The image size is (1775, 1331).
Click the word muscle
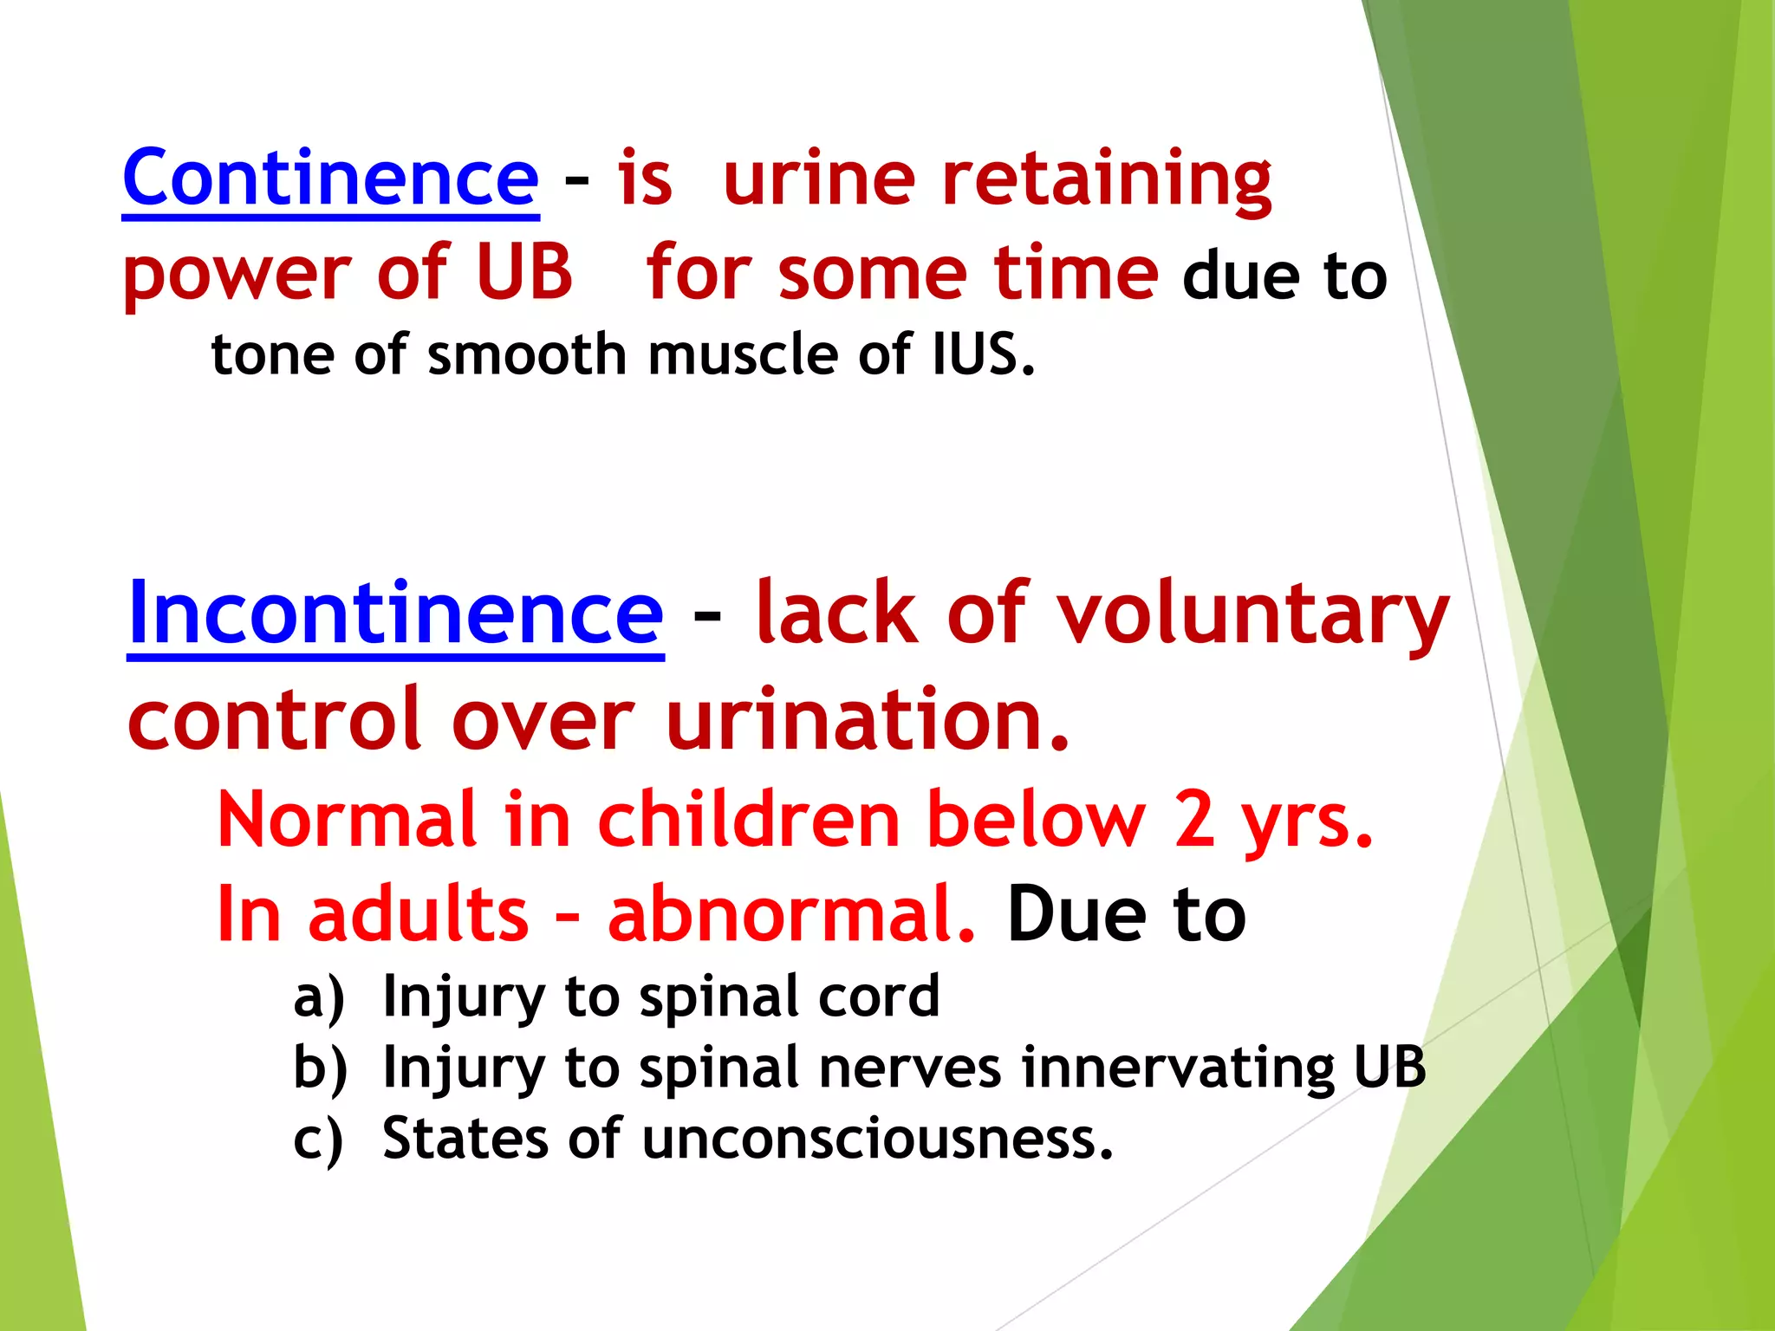(743, 355)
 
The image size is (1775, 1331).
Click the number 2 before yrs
(1194, 819)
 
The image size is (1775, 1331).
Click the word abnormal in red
(790, 914)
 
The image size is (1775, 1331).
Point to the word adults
(418, 914)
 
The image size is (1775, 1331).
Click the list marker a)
(319, 997)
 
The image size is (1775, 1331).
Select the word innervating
(1178, 1067)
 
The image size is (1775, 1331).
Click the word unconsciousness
(876, 1138)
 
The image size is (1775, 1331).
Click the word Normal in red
(347, 819)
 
